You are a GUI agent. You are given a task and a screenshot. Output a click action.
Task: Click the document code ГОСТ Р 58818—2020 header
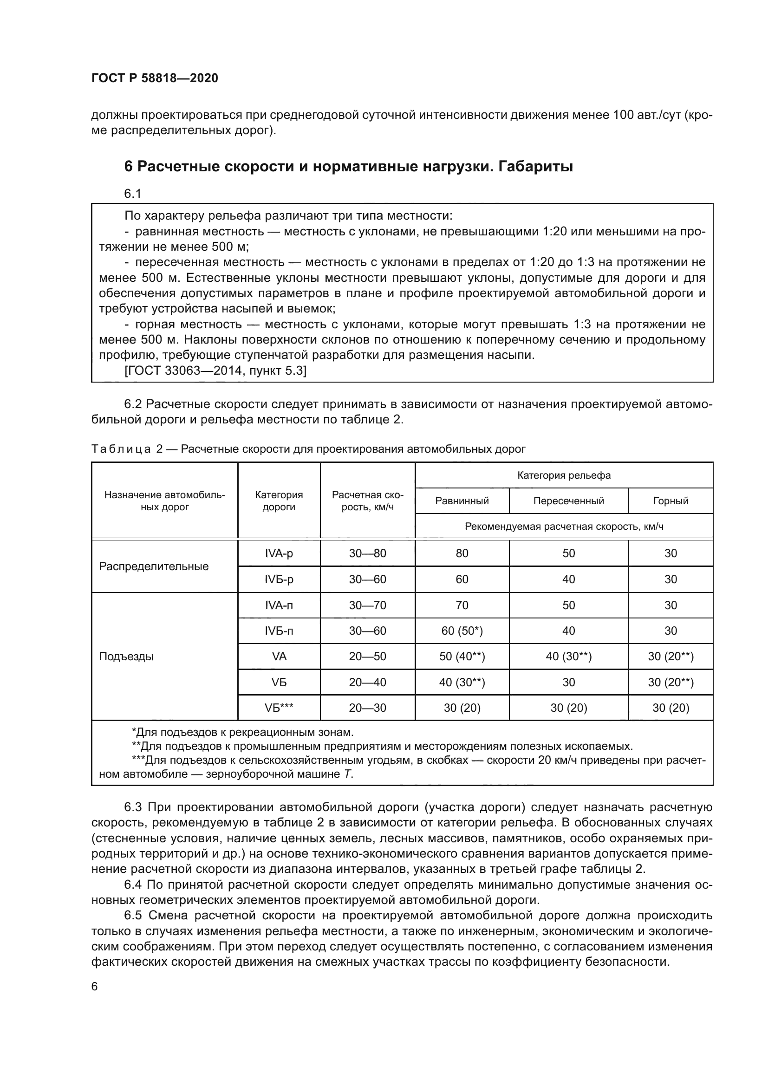tap(155, 78)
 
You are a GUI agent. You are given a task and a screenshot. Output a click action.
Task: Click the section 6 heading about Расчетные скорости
tap(348, 167)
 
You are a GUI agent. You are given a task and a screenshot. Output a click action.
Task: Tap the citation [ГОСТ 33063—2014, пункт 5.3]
tap(215, 371)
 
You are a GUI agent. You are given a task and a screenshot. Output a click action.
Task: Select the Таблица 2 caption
tap(308, 449)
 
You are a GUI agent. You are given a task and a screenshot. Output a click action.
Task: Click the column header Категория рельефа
tap(564, 475)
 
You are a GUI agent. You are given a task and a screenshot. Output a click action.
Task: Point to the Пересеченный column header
tap(568, 501)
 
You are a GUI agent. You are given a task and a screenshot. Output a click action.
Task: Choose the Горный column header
tap(670, 501)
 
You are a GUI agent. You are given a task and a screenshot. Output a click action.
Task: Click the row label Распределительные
tap(154, 566)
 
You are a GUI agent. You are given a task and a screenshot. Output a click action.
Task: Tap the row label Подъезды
tap(126, 657)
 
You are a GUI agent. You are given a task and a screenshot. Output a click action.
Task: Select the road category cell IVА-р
tap(279, 553)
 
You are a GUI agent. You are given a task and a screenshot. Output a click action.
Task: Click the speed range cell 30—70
tap(367, 605)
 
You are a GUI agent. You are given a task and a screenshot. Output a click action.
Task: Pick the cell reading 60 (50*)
tap(462, 631)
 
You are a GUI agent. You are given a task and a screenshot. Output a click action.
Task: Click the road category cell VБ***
tap(279, 708)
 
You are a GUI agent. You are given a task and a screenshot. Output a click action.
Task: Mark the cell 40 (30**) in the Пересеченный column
tap(568, 657)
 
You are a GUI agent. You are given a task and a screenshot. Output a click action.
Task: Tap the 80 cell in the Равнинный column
tap(462, 553)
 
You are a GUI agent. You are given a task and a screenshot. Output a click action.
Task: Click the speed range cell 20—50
tap(367, 657)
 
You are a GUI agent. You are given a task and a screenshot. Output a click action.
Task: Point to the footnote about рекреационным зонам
tap(242, 733)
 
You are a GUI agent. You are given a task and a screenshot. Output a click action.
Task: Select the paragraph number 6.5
tap(133, 915)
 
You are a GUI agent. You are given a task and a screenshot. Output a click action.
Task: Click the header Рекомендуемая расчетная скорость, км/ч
tap(564, 527)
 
